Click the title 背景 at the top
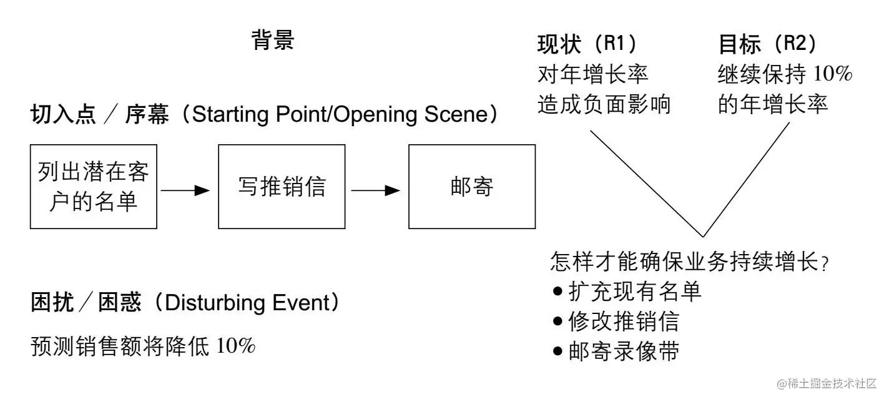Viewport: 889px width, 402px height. pos(273,40)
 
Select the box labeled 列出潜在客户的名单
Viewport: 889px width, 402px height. pos(94,187)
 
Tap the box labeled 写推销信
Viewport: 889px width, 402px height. pos(282,187)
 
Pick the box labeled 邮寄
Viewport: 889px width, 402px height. pos(472,187)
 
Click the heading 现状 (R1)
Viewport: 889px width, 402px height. pos(587,44)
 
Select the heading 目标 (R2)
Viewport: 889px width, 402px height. pos(767,44)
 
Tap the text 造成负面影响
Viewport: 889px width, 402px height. pos(604,104)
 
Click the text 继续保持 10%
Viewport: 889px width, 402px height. pos(785,74)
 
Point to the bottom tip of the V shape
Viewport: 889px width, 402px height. pos(704,237)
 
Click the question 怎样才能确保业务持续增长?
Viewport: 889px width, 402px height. pos(689,262)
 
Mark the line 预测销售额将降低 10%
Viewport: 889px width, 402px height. pos(143,346)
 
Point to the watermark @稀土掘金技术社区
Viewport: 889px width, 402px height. pos(827,383)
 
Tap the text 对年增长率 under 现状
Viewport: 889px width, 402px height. pos(593,74)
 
